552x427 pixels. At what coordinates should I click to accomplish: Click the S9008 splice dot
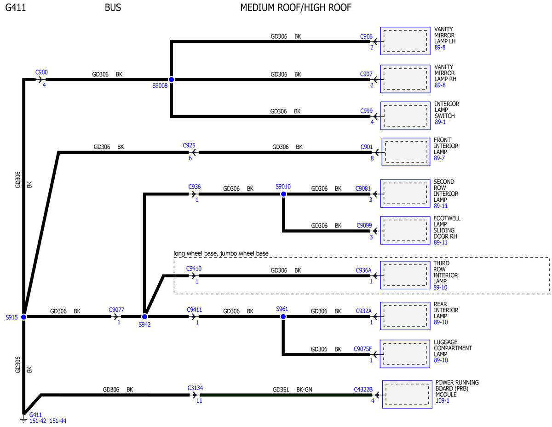[x=172, y=80]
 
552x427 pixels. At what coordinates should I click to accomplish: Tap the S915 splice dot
[x=23, y=317]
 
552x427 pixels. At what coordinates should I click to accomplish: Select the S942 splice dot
[x=144, y=316]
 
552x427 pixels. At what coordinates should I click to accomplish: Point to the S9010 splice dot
[x=283, y=194]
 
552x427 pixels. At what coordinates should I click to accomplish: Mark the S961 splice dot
[x=283, y=316]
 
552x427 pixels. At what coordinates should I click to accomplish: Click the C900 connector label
[x=41, y=72]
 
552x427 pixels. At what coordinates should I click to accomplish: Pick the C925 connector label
[x=189, y=145]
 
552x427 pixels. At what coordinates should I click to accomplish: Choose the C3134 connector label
[x=195, y=388]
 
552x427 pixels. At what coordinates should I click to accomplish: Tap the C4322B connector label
[x=363, y=389]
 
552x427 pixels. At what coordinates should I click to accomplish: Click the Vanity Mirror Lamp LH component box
[x=405, y=41]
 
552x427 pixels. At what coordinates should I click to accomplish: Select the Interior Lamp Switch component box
[x=405, y=116]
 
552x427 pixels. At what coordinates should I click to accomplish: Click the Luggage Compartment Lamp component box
[x=405, y=354]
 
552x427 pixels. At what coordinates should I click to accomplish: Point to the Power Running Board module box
[x=407, y=394]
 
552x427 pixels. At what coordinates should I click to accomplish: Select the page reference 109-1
[x=442, y=401]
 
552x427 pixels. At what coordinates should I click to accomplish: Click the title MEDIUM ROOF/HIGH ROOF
[x=296, y=8]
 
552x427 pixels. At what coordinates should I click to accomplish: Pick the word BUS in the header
[x=113, y=8]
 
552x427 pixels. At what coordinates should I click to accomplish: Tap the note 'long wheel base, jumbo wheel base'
[x=221, y=253]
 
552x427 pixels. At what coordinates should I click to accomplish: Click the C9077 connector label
[x=116, y=310]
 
